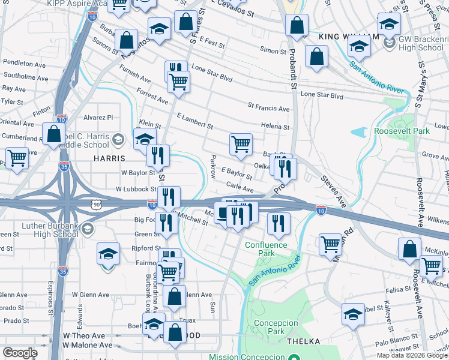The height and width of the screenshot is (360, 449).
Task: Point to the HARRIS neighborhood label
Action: tap(109, 158)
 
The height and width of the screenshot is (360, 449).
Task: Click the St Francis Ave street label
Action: tap(268, 109)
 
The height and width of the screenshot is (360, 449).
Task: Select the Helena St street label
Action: tap(276, 126)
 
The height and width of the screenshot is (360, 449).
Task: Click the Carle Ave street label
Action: tap(240, 188)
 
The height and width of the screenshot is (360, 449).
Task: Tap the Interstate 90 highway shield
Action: tap(96, 205)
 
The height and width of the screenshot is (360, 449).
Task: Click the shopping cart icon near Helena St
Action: tap(240, 144)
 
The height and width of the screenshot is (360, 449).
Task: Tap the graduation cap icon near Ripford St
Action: tap(108, 254)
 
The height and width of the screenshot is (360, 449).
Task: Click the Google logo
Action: tap(20, 353)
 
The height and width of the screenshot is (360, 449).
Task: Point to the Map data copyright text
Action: tap(412, 355)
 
